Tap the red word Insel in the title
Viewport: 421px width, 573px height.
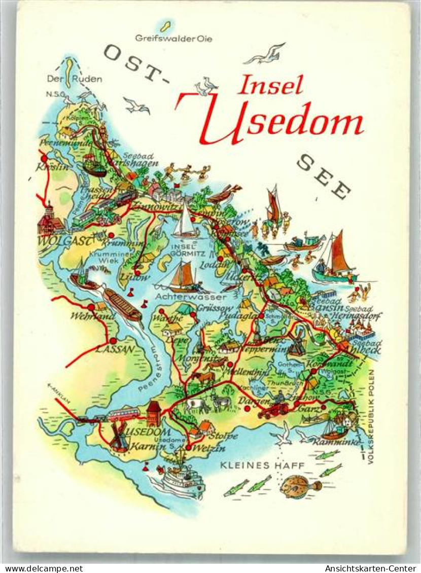(270, 86)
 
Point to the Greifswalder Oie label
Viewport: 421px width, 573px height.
(173, 38)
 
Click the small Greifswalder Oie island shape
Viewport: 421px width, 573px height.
(165, 25)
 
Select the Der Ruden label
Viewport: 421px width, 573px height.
(74, 79)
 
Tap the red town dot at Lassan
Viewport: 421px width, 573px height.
(113, 341)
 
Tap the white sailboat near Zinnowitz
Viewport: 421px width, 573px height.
(185, 223)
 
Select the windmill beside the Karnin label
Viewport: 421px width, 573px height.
(119, 438)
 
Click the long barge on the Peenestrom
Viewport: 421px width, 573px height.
(122, 304)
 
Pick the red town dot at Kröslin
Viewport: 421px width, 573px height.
(45, 158)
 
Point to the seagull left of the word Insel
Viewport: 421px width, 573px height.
(206, 86)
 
